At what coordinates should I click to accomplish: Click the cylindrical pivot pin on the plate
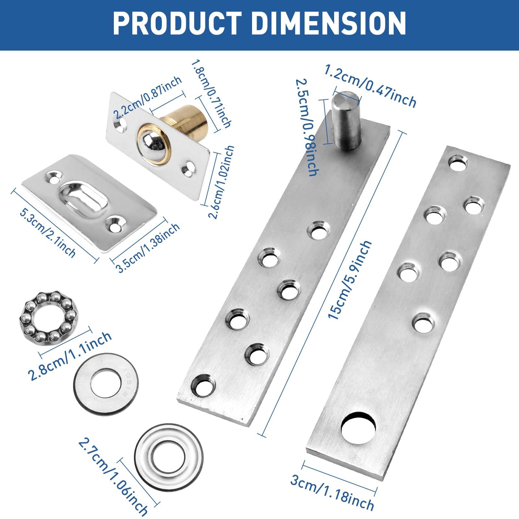click(x=346, y=121)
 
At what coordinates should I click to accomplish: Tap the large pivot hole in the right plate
click(x=359, y=428)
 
